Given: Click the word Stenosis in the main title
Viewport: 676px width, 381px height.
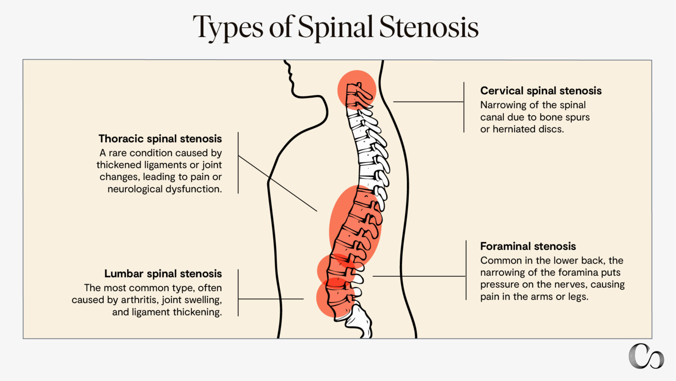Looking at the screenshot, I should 429,27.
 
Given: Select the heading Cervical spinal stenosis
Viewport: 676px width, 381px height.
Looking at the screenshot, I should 541,91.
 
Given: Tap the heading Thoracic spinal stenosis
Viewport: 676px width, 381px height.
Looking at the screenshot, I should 160,139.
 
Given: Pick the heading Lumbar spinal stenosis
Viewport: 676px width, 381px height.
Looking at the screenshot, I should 163,273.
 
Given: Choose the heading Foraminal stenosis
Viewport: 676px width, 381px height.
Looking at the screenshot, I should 528,246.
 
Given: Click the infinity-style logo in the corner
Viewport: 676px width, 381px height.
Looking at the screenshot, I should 646,356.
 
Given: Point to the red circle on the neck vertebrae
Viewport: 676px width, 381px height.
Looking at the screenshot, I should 357,90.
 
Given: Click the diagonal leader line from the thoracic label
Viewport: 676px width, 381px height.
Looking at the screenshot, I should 277,183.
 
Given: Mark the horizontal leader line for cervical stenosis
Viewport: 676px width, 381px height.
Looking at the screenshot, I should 428,101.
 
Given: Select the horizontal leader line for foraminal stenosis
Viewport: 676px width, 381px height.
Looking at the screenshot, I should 419,276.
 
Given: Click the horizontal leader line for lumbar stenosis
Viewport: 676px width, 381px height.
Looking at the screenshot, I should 271,299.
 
